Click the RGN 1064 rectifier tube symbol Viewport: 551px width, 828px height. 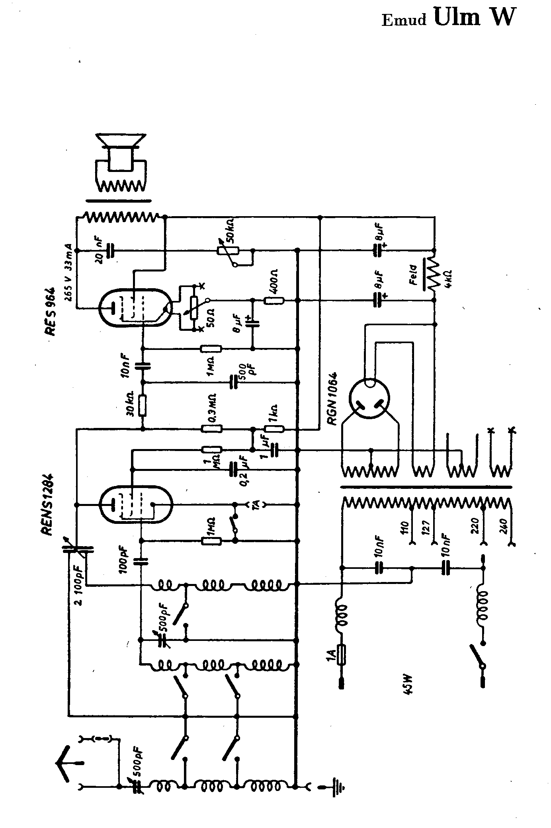tap(369, 399)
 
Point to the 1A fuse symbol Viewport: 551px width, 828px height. tap(342, 654)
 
